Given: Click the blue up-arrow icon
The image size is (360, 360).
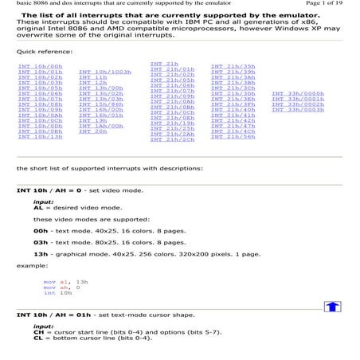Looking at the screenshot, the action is (x=332, y=307).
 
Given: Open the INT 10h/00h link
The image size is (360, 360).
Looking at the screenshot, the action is (x=40, y=66).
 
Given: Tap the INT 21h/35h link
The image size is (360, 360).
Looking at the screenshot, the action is (x=233, y=66).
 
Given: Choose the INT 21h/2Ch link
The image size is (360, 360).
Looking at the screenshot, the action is (x=171, y=139).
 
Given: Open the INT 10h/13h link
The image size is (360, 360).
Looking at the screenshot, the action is (x=40, y=137).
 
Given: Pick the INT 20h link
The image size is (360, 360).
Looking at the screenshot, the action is (x=92, y=131).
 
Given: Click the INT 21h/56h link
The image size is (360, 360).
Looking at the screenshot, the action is (x=233, y=137).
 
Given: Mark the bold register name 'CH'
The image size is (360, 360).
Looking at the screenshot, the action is (x=37, y=332).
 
